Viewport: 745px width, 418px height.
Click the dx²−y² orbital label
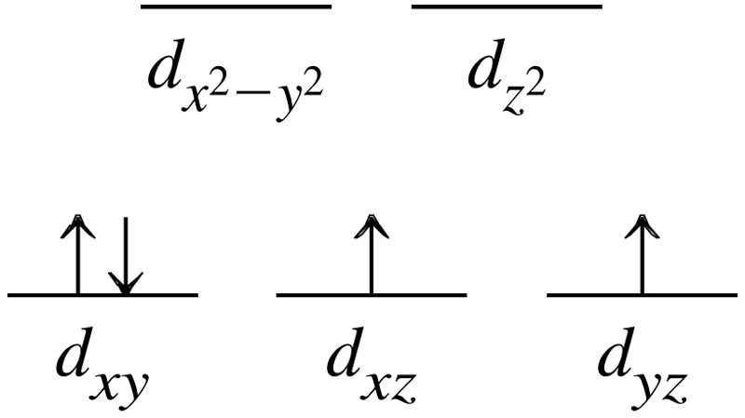236,86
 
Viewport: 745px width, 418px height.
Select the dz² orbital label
507,82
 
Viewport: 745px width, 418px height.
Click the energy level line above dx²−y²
237,7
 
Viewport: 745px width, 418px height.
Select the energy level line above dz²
507,7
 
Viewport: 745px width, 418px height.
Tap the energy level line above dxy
102,295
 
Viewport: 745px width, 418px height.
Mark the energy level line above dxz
372,295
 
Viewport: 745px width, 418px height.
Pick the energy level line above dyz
643,295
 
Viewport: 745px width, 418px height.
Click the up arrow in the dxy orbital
78,254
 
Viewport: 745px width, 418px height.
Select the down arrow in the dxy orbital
126,256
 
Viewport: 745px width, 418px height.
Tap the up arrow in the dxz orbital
372,254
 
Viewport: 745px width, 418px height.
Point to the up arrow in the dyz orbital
643,254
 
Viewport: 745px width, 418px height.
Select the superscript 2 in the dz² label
537,86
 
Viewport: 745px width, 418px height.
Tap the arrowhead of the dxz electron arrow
372,226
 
